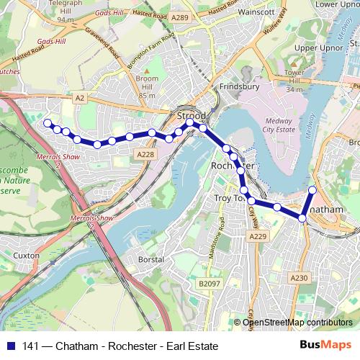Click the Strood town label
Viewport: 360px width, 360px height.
tap(191, 114)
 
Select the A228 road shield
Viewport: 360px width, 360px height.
tap(145, 154)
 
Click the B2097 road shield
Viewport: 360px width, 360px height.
tap(209, 284)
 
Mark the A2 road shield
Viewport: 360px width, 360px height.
tap(79, 96)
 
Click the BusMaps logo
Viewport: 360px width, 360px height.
tap(325, 344)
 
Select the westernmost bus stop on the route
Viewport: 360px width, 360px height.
tap(48, 123)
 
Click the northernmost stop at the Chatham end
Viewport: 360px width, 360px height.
tap(312, 190)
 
